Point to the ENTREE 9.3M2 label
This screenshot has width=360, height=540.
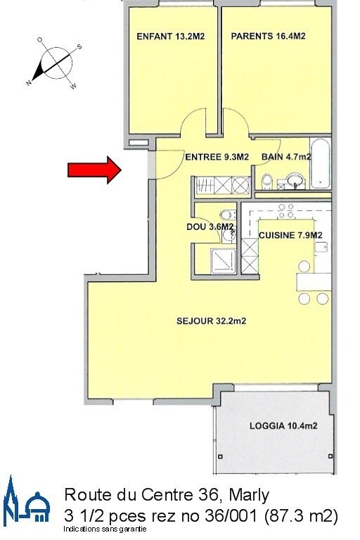pos(217,157)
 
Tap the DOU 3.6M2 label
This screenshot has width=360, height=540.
pos(205,227)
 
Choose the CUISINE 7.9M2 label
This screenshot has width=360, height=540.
pos(290,235)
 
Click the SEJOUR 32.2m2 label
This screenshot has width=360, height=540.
pos(205,322)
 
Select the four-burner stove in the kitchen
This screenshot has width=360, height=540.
pos(286,210)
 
